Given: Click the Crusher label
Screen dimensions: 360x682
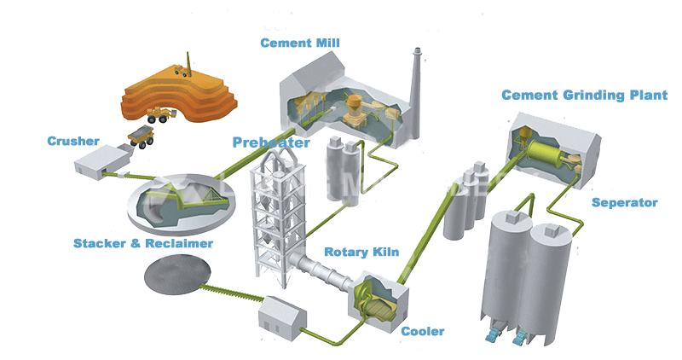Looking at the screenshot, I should click(x=73, y=141).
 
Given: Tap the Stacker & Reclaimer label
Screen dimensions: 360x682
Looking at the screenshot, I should click(x=142, y=244).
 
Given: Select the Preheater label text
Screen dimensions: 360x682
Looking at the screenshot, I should click(x=271, y=142).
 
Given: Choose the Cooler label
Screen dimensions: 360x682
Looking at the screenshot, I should click(x=424, y=331).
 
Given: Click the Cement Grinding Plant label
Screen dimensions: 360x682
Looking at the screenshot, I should click(x=584, y=95).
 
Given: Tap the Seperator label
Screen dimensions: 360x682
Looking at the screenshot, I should click(x=625, y=202).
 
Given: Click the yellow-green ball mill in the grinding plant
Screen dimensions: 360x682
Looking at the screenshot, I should click(x=546, y=157).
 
